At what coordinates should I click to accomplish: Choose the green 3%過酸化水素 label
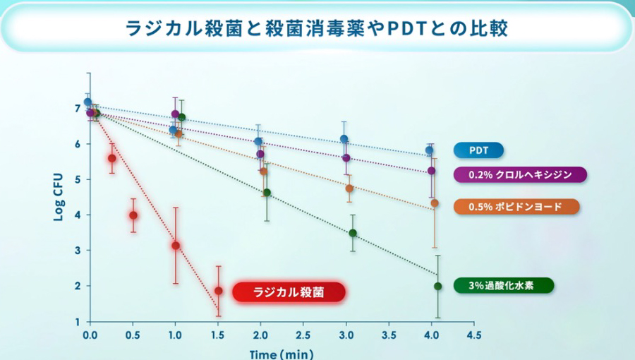coord(503,285)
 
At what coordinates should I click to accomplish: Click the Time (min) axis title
coord(281,353)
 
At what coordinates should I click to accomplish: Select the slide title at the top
coord(317,29)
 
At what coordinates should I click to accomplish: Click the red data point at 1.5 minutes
coord(218,291)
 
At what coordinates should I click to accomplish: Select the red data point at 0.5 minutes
coord(133,215)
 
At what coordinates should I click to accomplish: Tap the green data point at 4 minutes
coord(437,286)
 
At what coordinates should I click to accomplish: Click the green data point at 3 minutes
coord(353,233)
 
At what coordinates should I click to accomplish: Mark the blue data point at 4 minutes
coord(429,150)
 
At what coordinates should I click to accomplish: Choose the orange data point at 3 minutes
coord(349,188)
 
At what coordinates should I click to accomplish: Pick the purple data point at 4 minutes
coord(432,171)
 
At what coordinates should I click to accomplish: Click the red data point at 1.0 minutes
coord(176,246)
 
